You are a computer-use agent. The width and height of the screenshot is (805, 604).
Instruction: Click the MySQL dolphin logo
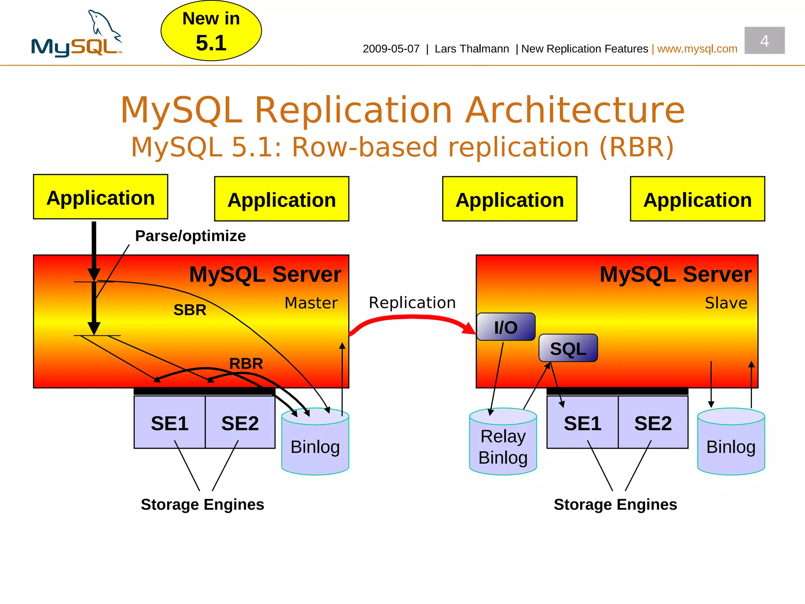[x=77, y=35]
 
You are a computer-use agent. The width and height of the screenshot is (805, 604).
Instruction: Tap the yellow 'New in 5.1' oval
[x=211, y=31]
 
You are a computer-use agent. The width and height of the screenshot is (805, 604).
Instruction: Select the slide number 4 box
[x=764, y=41]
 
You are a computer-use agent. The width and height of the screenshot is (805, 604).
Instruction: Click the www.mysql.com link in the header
[x=697, y=49]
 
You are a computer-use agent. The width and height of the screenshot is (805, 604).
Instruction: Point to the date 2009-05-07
[x=391, y=49]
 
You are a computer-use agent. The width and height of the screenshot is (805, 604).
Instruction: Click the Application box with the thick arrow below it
[x=101, y=197]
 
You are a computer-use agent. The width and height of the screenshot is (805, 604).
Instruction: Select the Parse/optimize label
[x=190, y=236]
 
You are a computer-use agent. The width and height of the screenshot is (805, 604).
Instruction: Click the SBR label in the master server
[x=190, y=310]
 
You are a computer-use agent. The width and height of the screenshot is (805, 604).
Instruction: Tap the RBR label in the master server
[x=246, y=363]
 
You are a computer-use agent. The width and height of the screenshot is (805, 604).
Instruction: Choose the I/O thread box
[x=506, y=327]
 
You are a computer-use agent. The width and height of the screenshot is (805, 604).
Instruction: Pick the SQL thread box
[x=568, y=348]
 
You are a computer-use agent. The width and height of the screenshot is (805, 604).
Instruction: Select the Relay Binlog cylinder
[x=503, y=442]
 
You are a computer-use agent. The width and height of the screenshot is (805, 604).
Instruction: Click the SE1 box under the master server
[x=169, y=423]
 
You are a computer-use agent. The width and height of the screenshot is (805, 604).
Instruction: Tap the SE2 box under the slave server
[x=653, y=423]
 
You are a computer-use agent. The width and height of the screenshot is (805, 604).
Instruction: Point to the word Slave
[x=726, y=303]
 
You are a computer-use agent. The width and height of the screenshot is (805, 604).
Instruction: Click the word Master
[x=311, y=303]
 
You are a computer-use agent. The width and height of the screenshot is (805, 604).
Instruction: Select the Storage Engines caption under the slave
[x=615, y=505]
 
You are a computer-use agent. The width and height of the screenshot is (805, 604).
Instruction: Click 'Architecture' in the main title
[x=575, y=110]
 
